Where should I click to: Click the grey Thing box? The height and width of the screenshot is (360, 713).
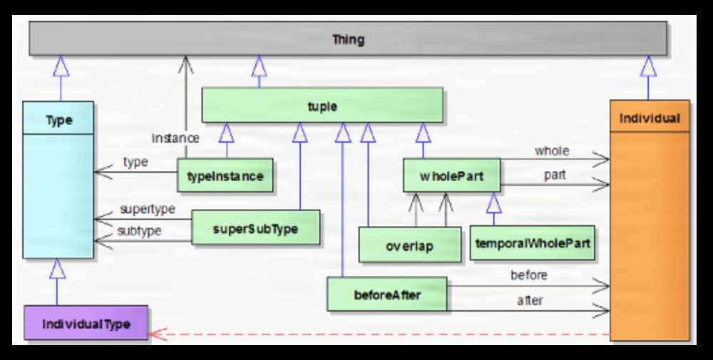(x=348, y=38)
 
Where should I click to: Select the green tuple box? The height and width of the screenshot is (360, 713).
(x=322, y=106)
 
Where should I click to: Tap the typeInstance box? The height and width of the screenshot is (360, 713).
(x=225, y=175)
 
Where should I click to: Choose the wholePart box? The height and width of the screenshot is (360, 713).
(x=451, y=175)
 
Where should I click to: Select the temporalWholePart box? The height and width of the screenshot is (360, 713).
(x=532, y=244)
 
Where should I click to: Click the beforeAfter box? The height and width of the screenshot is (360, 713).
(x=386, y=294)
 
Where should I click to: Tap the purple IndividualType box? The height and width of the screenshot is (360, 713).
(x=86, y=323)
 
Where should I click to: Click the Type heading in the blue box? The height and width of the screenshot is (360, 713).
(x=58, y=119)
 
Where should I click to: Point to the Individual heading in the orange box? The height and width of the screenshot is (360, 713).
(x=650, y=118)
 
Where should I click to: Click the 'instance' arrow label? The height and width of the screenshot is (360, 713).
(x=175, y=138)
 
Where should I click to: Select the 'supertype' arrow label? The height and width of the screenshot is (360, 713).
(x=148, y=210)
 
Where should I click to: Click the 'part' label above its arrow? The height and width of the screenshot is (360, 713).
(x=554, y=175)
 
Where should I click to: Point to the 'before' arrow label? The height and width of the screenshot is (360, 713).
(x=528, y=275)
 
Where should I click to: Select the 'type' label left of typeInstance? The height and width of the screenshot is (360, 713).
(x=135, y=162)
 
